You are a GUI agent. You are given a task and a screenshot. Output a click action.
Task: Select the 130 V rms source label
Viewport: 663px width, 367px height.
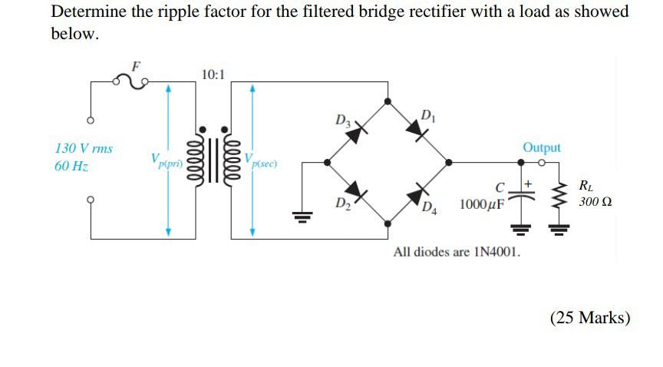pyautogui.click(x=84, y=147)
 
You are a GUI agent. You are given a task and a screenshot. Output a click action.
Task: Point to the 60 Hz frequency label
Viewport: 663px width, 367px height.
pyautogui.click(x=71, y=166)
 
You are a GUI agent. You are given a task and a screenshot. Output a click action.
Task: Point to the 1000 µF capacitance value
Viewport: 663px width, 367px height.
pyautogui.click(x=482, y=204)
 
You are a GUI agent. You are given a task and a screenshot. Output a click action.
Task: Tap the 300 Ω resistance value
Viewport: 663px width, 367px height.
pyautogui.click(x=595, y=202)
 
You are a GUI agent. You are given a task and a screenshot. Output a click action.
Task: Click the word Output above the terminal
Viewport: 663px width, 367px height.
pyautogui.click(x=542, y=147)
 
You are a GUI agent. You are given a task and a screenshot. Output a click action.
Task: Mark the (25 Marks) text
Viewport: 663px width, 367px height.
pyautogui.click(x=590, y=316)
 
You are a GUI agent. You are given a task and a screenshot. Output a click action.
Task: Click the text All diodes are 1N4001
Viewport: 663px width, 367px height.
pyautogui.click(x=457, y=252)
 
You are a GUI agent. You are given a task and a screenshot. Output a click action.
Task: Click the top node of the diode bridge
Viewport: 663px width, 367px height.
pyautogui.click(x=389, y=101)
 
